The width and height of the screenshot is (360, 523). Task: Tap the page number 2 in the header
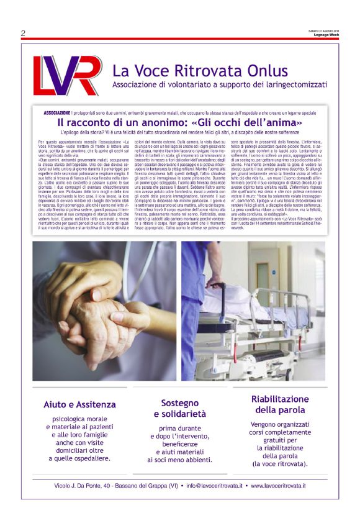23,33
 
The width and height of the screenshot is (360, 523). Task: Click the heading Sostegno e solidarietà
180,408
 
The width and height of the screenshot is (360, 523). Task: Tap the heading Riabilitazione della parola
279,404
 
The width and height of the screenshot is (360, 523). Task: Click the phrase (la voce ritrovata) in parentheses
279,464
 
